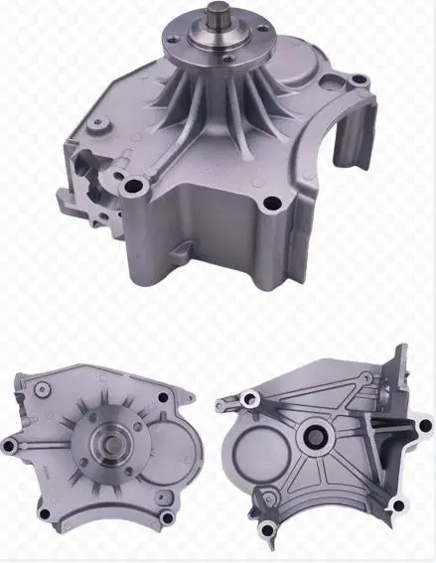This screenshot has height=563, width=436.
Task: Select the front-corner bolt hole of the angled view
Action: [270, 206]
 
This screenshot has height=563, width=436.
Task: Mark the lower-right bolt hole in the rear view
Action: [396, 506]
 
